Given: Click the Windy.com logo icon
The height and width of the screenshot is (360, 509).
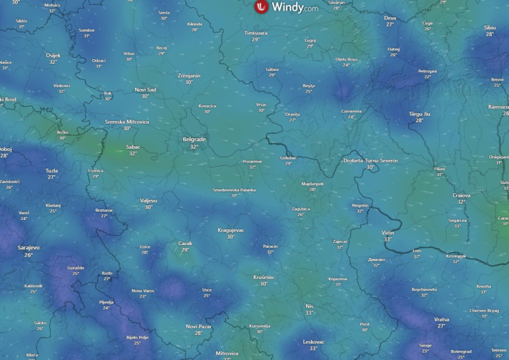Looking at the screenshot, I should pos(261,7).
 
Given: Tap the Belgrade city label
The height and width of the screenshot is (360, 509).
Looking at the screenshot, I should pos(194,139).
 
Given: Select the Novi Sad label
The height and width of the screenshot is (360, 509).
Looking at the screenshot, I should pos(145,89).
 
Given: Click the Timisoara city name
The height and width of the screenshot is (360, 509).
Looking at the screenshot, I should pos(256,33).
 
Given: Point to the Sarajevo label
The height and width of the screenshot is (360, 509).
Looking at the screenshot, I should pos(28,248).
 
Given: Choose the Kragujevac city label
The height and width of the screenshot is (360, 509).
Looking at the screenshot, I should pos(231,230).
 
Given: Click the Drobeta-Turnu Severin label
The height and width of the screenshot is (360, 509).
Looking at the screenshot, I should pos(370,161).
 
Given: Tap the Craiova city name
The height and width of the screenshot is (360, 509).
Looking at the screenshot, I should pos(461,195).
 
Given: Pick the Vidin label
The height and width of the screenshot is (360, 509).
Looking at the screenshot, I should pos(387,233).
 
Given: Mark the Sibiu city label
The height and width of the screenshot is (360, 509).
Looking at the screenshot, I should pos(490,27).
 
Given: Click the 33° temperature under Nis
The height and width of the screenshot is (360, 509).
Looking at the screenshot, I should pos(309,312).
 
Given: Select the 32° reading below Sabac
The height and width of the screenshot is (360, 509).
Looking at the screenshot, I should pos(133,153).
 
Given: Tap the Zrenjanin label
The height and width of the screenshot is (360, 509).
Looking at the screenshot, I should pos(188,75).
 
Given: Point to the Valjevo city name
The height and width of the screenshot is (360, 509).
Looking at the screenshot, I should pos(149,200).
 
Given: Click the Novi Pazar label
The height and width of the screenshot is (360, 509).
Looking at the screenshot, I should pos(198,327).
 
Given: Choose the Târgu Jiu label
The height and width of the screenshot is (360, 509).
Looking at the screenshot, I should pos(420,114).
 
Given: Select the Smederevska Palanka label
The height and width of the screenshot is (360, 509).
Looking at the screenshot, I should pos(234,190).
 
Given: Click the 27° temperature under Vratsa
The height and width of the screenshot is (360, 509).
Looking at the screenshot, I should pos(442,326).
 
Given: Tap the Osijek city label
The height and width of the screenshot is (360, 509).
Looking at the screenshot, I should pos(53,55).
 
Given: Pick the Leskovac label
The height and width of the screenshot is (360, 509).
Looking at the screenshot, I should pos(313,342).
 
